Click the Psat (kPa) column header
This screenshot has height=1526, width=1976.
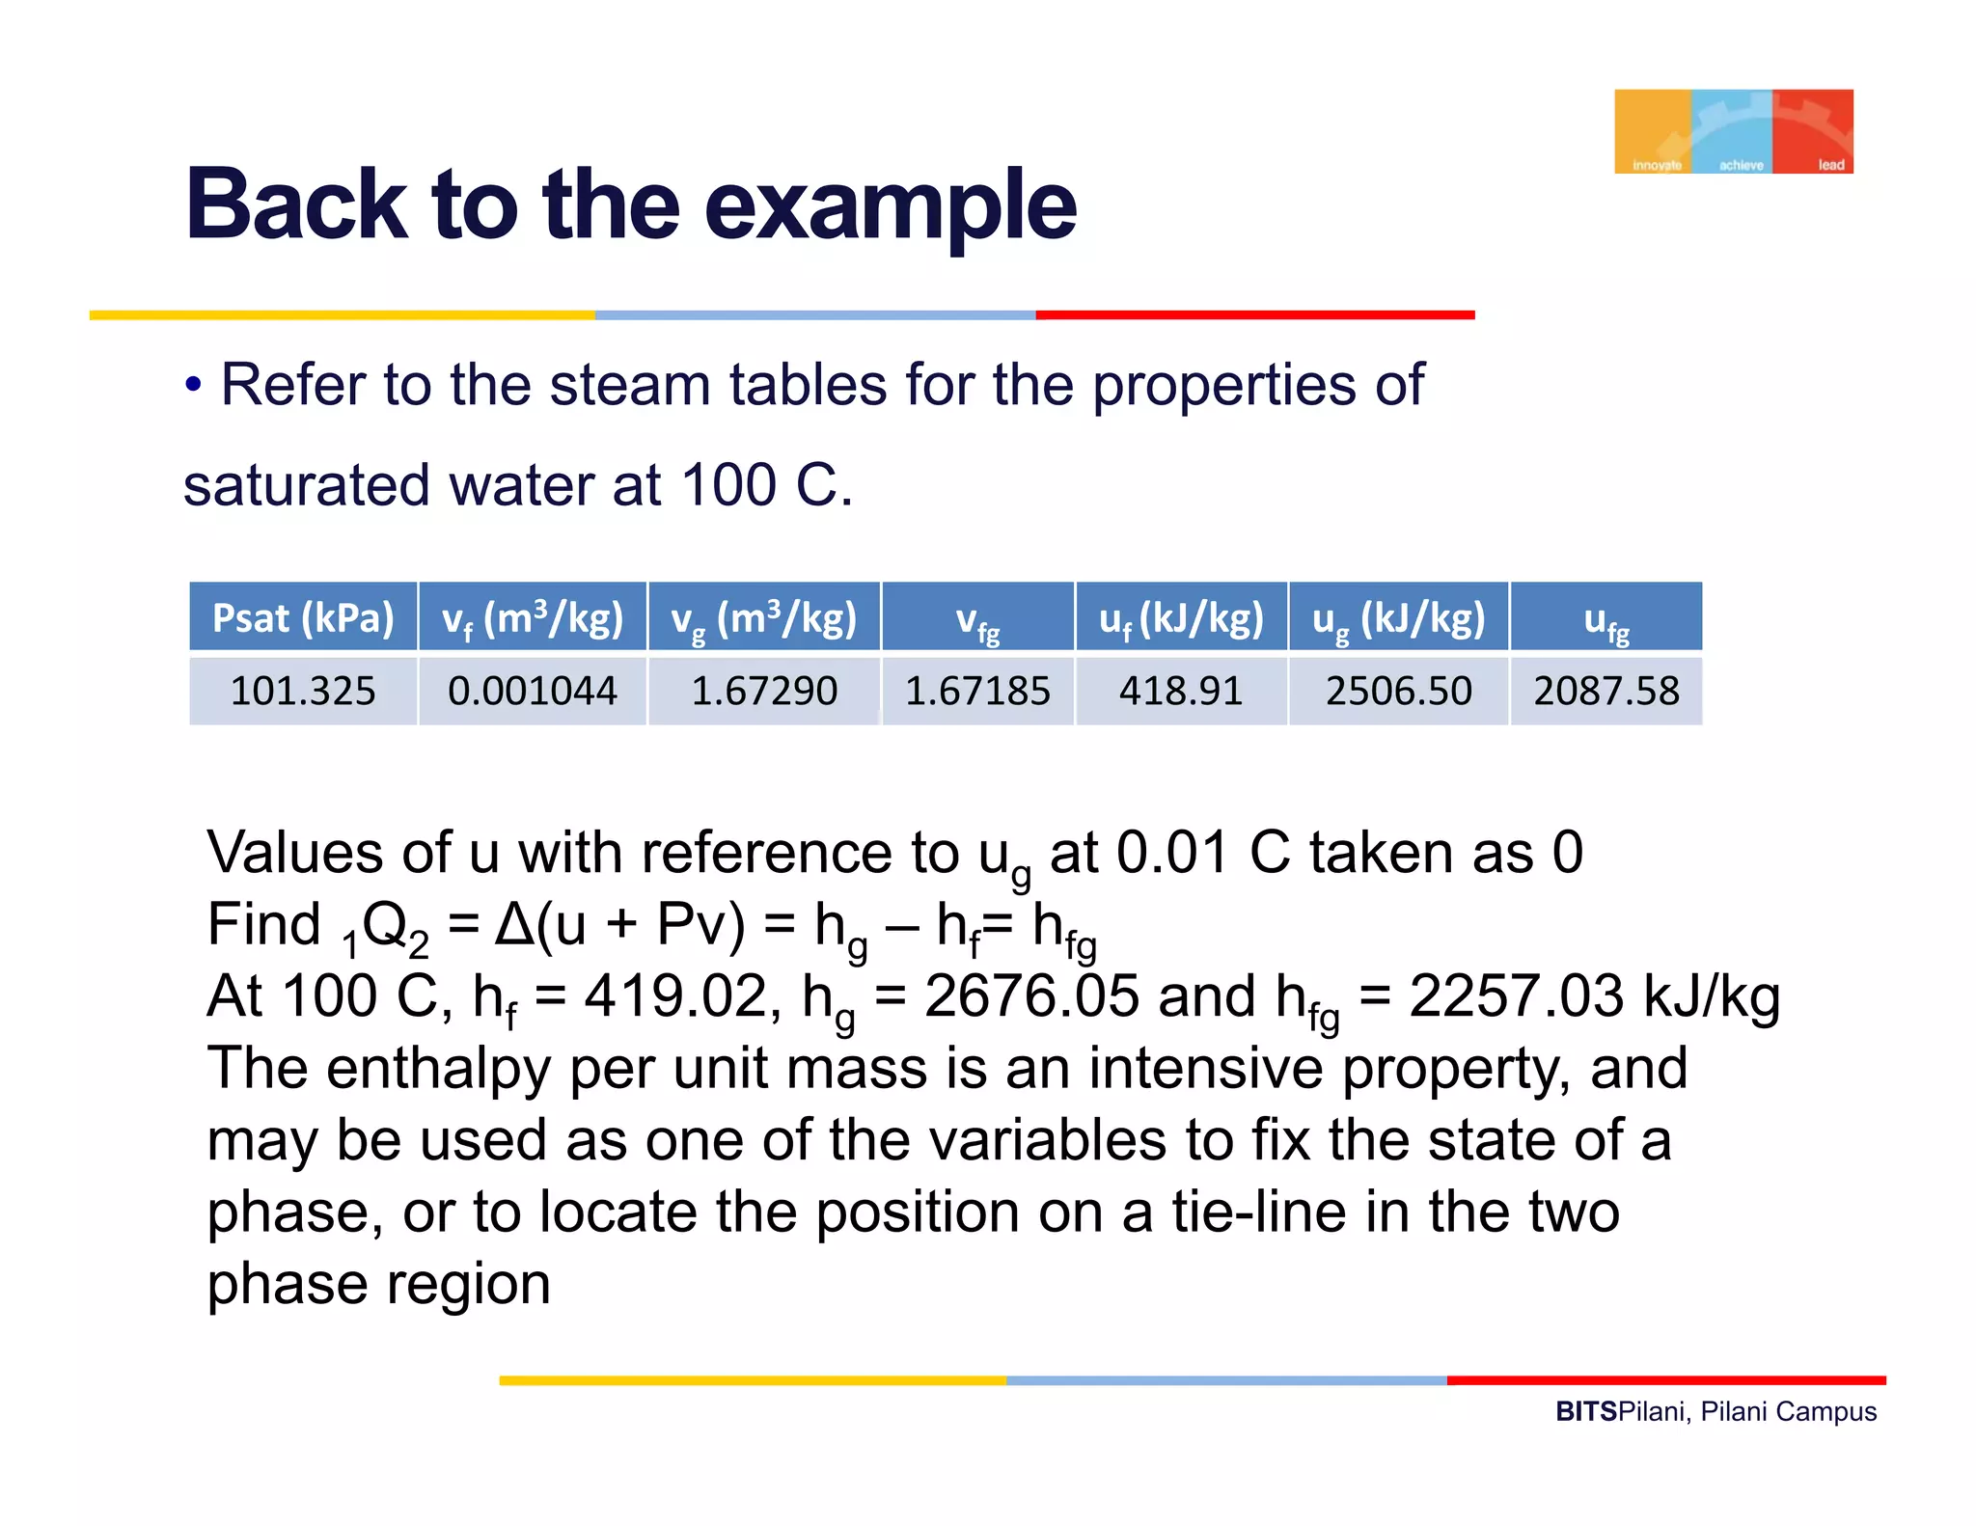pos(303,617)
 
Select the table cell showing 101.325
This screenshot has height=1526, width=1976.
pos(303,691)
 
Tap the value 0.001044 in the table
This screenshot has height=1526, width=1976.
pos(533,691)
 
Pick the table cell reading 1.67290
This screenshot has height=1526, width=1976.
pos(764,691)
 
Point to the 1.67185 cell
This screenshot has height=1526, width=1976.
pos(977,691)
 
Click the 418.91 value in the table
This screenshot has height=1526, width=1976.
pos(1181,691)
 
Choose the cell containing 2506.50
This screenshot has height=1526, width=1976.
pos(1398,691)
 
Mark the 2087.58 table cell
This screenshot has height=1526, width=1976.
pos(1606,691)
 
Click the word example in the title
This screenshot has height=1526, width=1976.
pos(890,205)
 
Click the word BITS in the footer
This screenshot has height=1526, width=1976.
pos(1585,1411)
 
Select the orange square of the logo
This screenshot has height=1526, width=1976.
pos(1653,131)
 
